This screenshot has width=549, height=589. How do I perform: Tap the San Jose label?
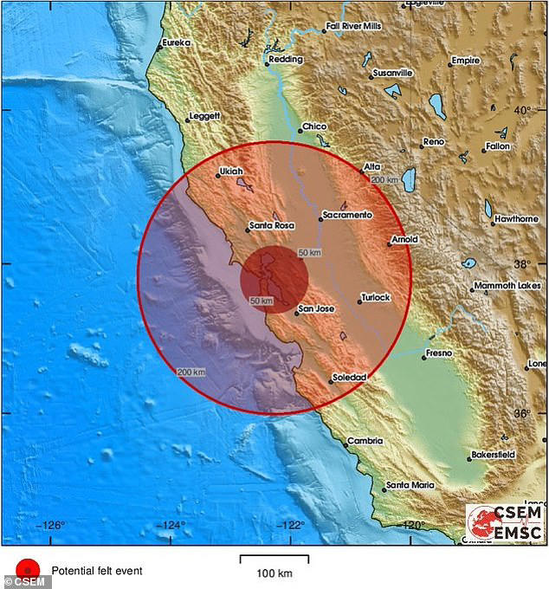click(316, 308)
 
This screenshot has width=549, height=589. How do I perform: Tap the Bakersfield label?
click(493, 454)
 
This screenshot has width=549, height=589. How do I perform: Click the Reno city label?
click(433, 141)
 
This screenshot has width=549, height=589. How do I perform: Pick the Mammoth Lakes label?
click(511, 288)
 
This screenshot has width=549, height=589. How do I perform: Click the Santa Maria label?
click(410, 485)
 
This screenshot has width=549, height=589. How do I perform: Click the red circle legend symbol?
click(28, 570)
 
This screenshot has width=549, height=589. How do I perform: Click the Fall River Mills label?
click(356, 27)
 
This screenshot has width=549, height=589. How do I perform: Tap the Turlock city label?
click(376, 297)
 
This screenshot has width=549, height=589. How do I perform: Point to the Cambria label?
click(365, 441)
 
